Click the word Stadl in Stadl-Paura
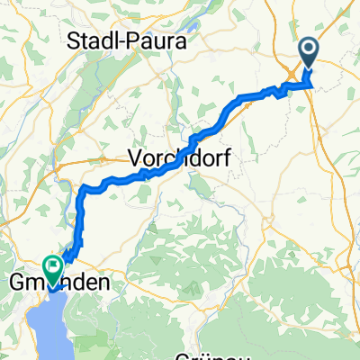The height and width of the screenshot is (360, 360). (94, 41)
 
